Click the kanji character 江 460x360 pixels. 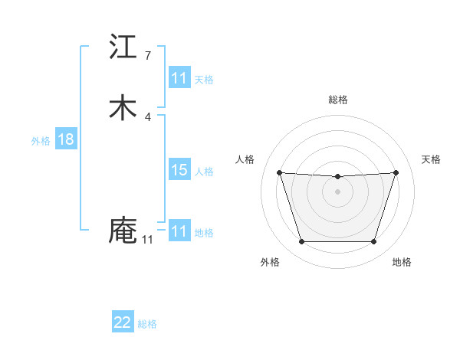[123, 47]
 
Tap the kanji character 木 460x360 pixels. [123, 108]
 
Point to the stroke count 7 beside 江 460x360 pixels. [148, 55]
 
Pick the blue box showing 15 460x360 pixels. [179, 170]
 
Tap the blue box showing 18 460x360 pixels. [65, 139]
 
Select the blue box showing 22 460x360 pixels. [123, 322]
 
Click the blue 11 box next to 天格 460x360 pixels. [179, 78]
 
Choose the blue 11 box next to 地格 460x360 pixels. [179, 231]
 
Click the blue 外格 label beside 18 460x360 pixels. [41, 140]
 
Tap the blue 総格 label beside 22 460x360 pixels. [147, 323]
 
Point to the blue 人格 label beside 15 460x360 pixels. [204, 171]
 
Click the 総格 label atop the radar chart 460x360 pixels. [337, 100]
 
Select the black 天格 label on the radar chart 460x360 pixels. [432, 159]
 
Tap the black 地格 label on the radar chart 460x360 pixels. [402, 262]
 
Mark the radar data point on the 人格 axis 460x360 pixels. [279, 172]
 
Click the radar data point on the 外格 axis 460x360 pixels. [301, 242]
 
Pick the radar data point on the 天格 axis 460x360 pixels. [396, 172]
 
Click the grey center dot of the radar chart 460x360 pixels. [337, 191]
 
